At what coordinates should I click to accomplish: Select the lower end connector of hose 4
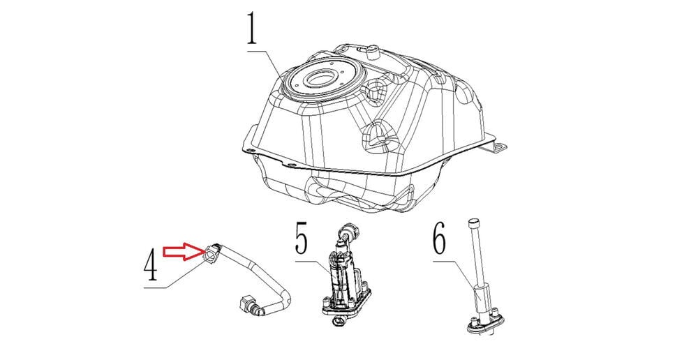248,306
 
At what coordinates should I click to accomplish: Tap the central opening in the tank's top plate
322,79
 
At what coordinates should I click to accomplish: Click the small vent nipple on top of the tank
372,52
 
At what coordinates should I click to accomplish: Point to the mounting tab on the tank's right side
500,146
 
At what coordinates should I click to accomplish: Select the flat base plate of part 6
485,324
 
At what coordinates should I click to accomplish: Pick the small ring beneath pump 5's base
339,321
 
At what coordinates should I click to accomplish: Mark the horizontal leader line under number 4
155,288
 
